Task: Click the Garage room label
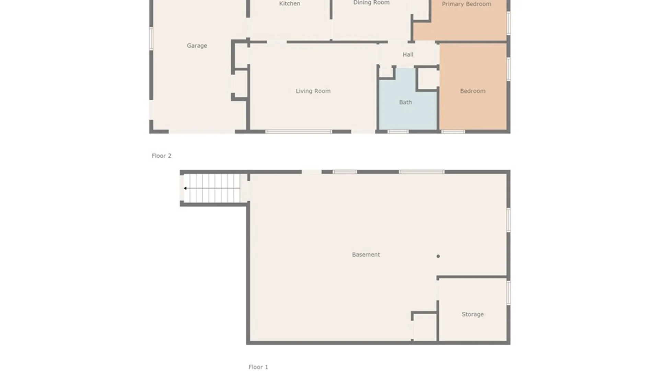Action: point(197,46)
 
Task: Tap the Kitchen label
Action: point(289,4)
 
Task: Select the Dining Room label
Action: point(371,3)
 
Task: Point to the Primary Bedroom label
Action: point(466,4)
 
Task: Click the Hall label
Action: point(408,55)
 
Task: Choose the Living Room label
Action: point(313,91)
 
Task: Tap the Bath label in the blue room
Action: point(405,102)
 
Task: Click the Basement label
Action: point(366,255)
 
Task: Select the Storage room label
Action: point(472,314)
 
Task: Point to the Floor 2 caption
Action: point(161,156)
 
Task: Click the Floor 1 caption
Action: point(258,367)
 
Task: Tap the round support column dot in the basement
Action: point(438,256)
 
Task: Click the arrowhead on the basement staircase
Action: point(185,188)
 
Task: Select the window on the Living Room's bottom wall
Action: point(298,132)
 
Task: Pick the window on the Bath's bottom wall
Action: point(398,132)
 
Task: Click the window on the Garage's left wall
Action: point(151,38)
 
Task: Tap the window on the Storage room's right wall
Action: point(508,293)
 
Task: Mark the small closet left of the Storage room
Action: point(425,327)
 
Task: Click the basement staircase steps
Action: point(213,188)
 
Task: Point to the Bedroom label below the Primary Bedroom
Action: point(472,91)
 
